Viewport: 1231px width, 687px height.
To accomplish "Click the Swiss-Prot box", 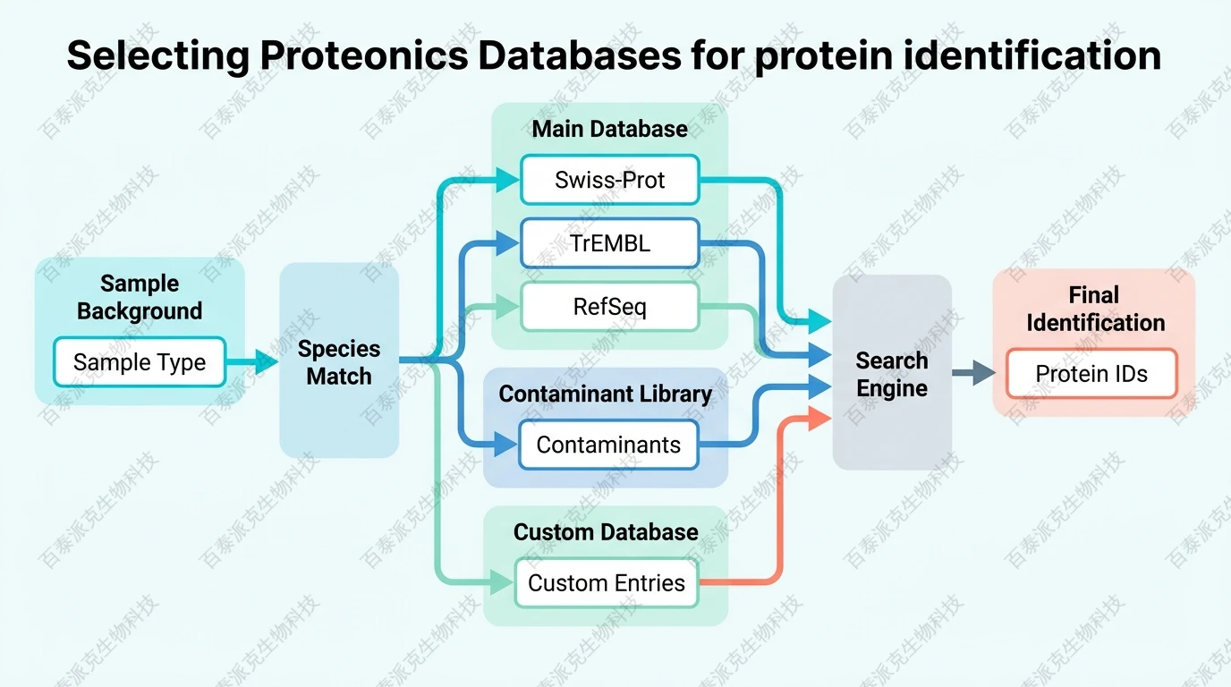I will pyautogui.click(x=609, y=180).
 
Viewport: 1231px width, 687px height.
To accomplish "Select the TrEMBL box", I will pyautogui.click(x=609, y=242).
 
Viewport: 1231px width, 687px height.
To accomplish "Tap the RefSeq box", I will pyautogui.click(x=609, y=308).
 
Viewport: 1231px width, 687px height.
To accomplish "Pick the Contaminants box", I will pyautogui.click(x=608, y=445).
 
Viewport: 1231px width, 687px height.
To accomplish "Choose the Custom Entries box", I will pyautogui.click(x=607, y=583).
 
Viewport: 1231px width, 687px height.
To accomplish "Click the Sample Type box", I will pyautogui.click(x=140, y=362).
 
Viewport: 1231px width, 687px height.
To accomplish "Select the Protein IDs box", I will pyautogui.click(x=1091, y=374).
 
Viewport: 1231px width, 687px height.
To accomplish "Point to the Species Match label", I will pyautogui.click(x=339, y=362).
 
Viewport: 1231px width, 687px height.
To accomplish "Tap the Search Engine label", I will pyautogui.click(x=892, y=374).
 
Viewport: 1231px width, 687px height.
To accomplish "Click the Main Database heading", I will pyautogui.click(x=609, y=129).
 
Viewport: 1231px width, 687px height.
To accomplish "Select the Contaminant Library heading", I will pyautogui.click(x=606, y=394).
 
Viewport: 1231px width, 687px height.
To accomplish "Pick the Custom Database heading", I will pyautogui.click(x=606, y=532).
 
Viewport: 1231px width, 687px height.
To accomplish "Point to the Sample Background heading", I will pyautogui.click(x=140, y=297).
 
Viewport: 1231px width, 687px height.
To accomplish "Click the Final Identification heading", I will pyautogui.click(x=1095, y=309).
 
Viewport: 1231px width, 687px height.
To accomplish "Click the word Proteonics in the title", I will pyautogui.click(x=364, y=55).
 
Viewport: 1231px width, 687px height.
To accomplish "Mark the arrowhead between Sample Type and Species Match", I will pyautogui.click(x=266, y=362).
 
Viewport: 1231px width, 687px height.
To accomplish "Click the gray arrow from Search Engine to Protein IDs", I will pyautogui.click(x=973, y=373).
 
